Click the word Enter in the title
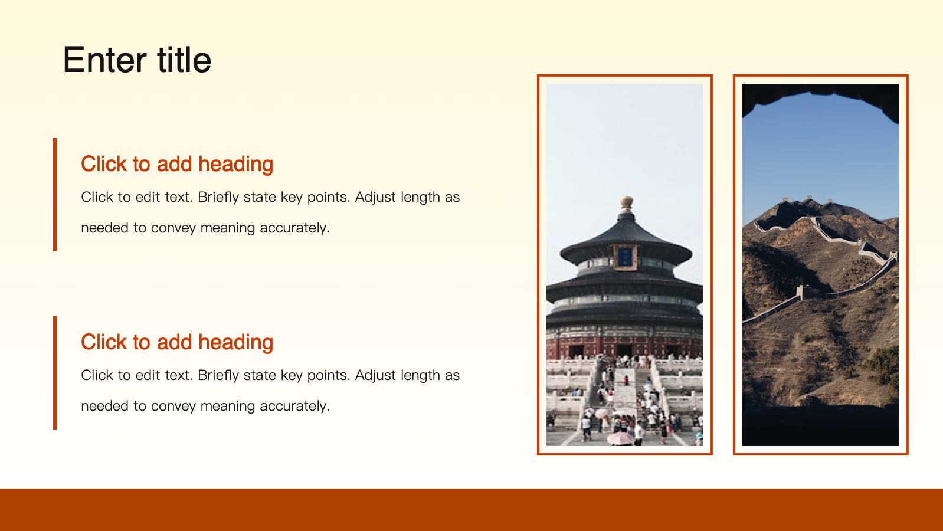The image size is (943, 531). (x=105, y=60)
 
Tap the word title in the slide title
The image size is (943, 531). (x=184, y=59)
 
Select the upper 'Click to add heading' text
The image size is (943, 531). (x=177, y=163)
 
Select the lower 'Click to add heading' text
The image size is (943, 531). (x=177, y=342)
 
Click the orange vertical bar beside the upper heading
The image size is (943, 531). (x=55, y=194)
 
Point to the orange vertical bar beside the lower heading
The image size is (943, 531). (x=55, y=373)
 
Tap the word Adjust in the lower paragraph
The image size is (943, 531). (x=375, y=375)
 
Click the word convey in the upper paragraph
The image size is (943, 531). (x=173, y=228)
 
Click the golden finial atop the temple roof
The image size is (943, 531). (x=627, y=204)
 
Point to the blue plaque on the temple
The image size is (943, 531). (x=625, y=256)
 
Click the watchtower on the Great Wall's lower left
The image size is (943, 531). (x=803, y=291)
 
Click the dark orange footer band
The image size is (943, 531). (x=471, y=510)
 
